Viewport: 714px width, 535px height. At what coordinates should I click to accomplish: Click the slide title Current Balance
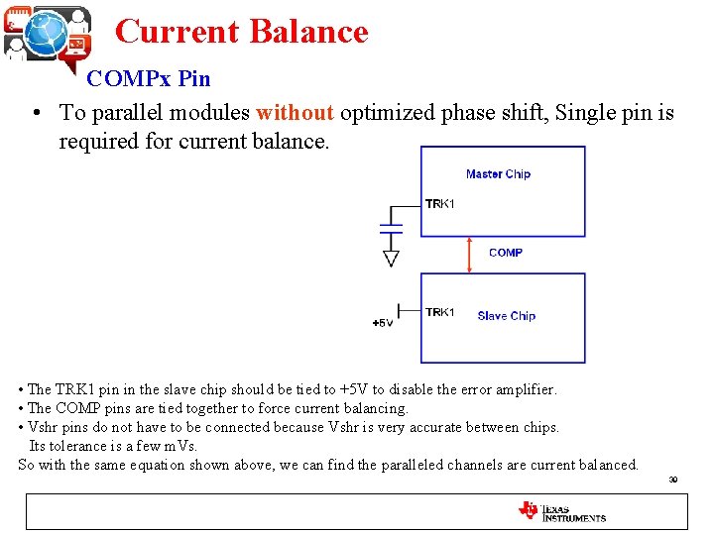click(x=241, y=32)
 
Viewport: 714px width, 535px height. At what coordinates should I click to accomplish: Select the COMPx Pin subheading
click(x=149, y=78)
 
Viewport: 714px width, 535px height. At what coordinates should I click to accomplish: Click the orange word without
click(x=295, y=113)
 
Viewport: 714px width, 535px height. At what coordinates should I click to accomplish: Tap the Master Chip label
click(x=498, y=174)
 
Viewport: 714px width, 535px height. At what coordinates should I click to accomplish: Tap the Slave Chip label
click(x=506, y=316)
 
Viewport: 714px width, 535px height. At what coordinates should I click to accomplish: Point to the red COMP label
click(x=506, y=253)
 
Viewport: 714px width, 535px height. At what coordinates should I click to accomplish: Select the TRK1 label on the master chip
click(x=439, y=204)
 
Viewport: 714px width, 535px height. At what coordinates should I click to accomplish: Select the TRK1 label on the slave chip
click(x=439, y=313)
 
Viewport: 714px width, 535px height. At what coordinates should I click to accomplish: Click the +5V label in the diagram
click(x=382, y=323)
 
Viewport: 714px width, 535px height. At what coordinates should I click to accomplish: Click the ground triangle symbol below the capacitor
click(x=391, y=259)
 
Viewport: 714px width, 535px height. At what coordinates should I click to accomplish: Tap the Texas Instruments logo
click(x=561, y=511)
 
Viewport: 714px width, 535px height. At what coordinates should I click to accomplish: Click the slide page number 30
click(x=672, y=480)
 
